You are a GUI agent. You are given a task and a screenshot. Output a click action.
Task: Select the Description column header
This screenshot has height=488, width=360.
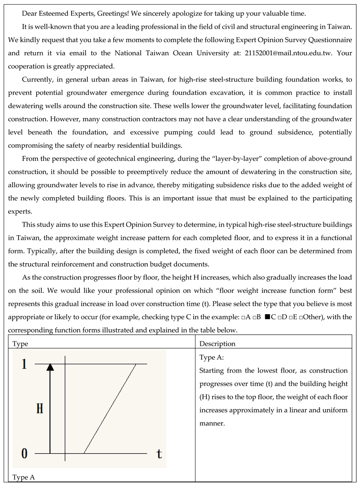click(x=217, y=343)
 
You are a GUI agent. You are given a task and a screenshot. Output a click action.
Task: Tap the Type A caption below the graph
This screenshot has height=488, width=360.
click(x=23, y=477)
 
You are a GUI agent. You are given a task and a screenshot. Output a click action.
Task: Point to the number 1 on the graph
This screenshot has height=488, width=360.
click(x=24, y=364)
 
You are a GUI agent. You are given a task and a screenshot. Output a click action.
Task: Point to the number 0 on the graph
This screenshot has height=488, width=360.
click(x=24, y=453)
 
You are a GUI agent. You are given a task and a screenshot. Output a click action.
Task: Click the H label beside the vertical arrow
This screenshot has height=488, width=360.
click(x=39, y=409)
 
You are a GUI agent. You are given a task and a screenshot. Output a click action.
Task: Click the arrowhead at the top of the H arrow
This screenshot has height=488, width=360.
click(x=50, y=367)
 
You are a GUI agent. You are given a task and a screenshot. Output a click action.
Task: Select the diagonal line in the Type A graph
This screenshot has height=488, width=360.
click(x=110, y=408)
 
